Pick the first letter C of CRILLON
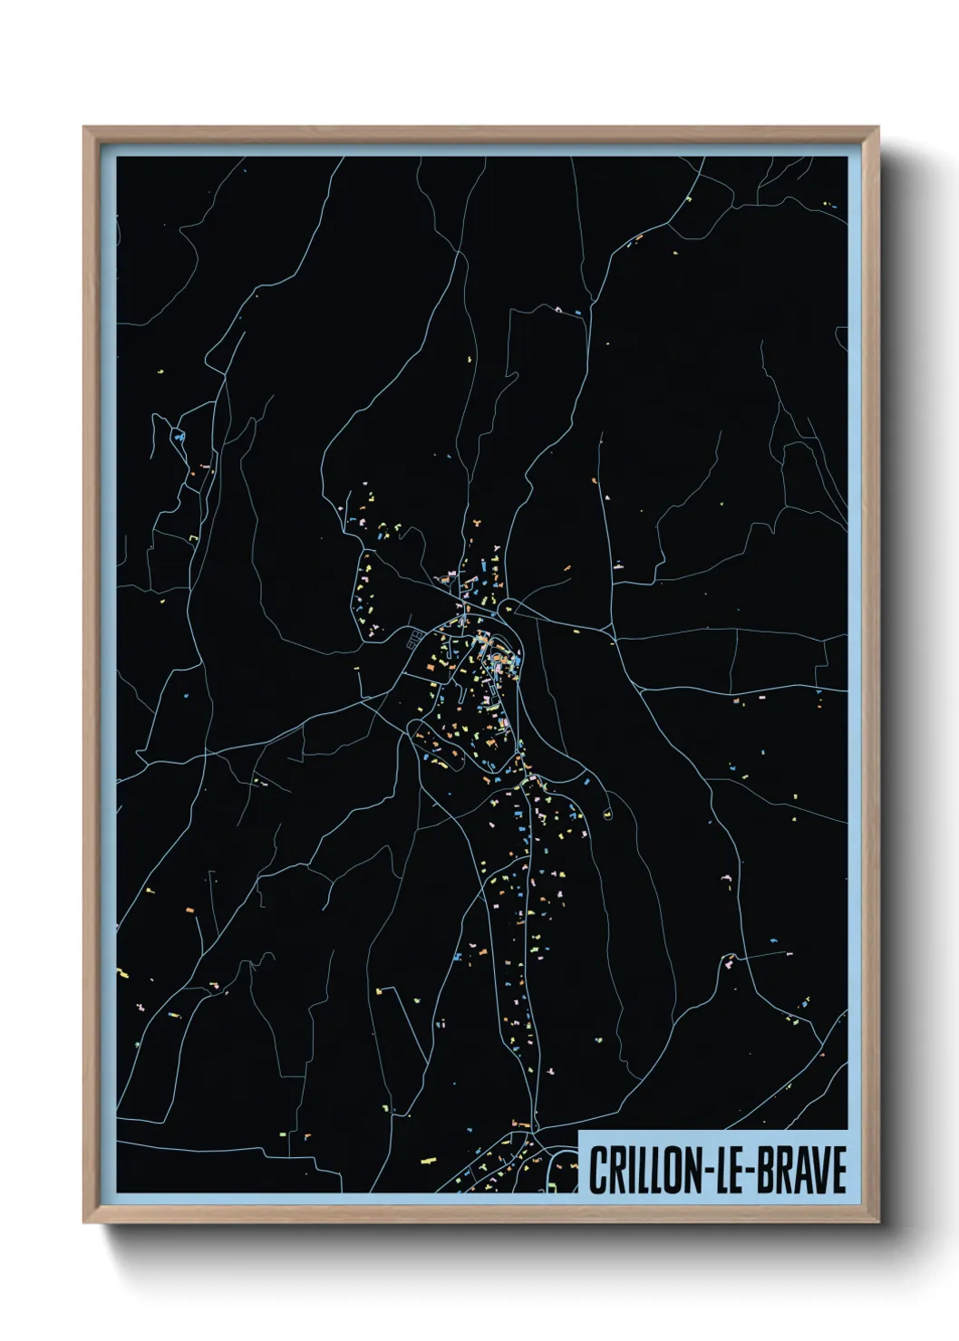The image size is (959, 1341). [x=598, y=1170]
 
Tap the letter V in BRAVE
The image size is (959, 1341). [x=818, y=1170]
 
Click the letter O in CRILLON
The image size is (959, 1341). [x=670, y=1170]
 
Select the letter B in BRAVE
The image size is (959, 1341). [x=766, y=1170]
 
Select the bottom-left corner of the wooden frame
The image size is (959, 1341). [x=85, y=1221]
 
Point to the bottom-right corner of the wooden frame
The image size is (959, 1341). [x=877, y=1221]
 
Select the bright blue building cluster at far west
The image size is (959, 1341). [x=179, y=438]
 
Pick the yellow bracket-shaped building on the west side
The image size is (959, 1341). [x=193, y=539]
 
